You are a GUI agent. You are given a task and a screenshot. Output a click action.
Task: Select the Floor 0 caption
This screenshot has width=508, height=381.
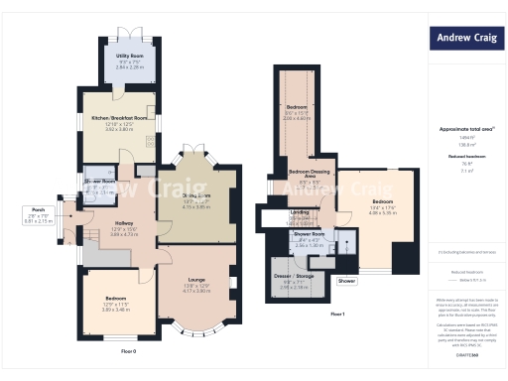(x=128, y=351)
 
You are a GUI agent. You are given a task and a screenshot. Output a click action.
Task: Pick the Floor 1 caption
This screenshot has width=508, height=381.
(x=337, y=315)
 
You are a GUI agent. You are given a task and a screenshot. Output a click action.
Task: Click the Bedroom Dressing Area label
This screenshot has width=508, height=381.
(x=310, y=175)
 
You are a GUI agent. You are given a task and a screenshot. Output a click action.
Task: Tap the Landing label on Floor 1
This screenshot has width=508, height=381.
(x=299, y=211)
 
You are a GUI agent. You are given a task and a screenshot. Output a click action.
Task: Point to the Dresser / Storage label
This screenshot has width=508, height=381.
(x=296, y=275)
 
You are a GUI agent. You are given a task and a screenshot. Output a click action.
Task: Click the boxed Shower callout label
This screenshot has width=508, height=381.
(x=346, y=282)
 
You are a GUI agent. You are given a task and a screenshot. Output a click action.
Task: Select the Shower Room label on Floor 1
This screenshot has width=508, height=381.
(x=311, y=234)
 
